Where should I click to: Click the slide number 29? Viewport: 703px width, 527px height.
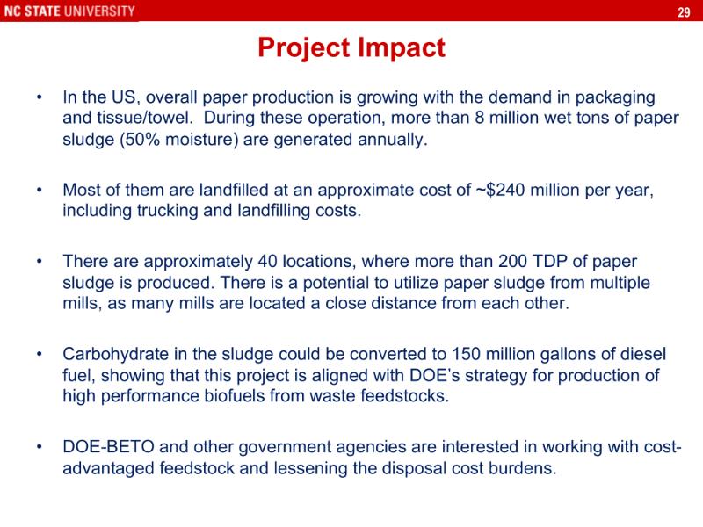point(684,11)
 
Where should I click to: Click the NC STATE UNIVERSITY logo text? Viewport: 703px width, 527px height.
point(69,11)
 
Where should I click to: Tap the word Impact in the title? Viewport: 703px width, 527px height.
point(402,47)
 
